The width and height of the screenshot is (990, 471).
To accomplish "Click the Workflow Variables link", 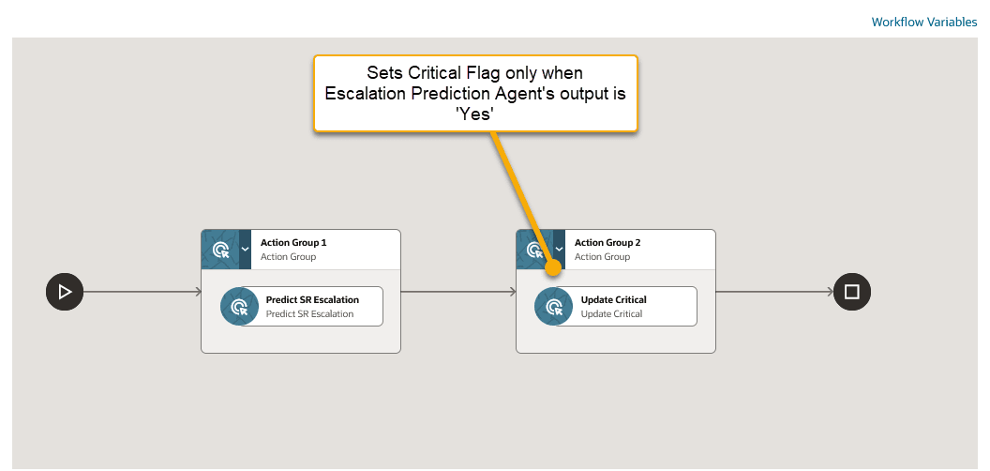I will [x=923, y=22].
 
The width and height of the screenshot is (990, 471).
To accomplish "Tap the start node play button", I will [x=65, y=292].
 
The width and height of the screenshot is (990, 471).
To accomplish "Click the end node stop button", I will [x=851, y=292].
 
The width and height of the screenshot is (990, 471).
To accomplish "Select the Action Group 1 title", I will [x=293, y=243].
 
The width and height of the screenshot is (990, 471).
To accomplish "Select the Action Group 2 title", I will [x=607, y=243].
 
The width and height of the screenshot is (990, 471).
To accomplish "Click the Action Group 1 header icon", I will [x=220, y=250].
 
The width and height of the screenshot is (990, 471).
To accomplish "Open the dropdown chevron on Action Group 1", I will [x=245, y=250].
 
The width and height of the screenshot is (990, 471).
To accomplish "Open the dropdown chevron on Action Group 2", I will [x=560, y=250].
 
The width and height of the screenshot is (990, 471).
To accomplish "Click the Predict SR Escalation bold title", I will [x=312, y=300].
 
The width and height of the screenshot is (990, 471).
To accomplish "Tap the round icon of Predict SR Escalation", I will [x=240, y=307].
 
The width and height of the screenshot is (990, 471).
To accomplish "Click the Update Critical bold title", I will [x=613, y=300].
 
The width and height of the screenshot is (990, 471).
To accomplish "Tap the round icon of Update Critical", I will [x=554, y=307].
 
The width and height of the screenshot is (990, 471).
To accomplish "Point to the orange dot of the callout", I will [x=553, y=267].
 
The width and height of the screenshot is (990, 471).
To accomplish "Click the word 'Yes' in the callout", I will [x=474, y=113].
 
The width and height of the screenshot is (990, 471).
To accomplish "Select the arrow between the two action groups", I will [x=457, y=292].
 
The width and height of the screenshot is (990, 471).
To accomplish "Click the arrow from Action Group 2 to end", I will [x=773, y=292].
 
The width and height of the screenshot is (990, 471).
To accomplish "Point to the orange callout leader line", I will [x=520, y=196].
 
